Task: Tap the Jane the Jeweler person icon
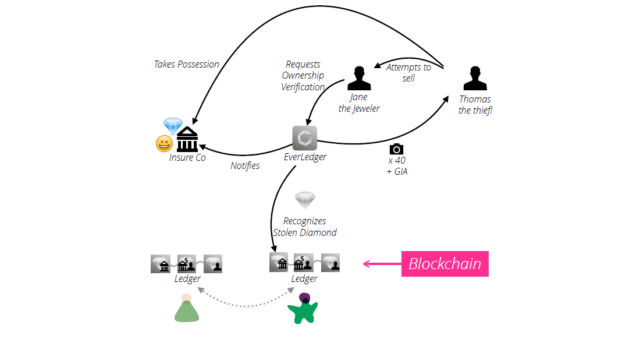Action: click(x=360, y=77)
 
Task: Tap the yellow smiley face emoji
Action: click(x=162, y=143)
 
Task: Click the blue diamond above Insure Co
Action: click(x=172, y=125)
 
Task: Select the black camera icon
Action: click(x=395, y=149)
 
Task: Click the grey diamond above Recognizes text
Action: click(x=304, y=199)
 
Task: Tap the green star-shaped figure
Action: click(x=301, y=309)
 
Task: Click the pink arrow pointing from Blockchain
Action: click(x=380, y=265)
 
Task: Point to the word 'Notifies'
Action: click(x=245, y=166)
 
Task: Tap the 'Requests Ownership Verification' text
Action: click(x=303, y=74)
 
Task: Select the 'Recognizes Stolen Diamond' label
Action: click(x=304, y=226)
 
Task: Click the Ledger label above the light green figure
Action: click(x=187, y=279)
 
